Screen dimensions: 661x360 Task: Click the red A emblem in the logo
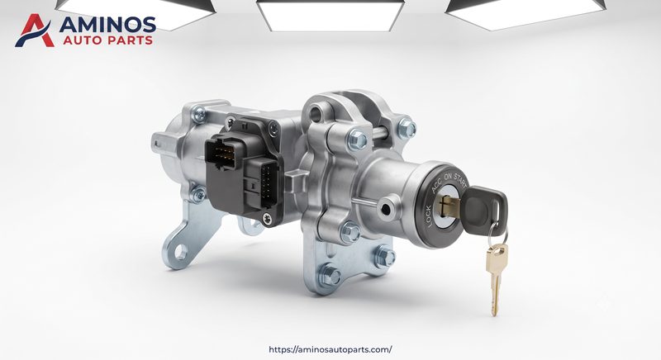click(x=35, y=31)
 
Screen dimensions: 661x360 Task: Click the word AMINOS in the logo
click(x=107, y=25)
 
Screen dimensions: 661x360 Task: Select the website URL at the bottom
click(x=330, y=349)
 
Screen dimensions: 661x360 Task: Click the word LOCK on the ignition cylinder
click(x=429, y=216)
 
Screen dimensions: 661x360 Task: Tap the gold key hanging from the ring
click(x=496, y=279)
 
